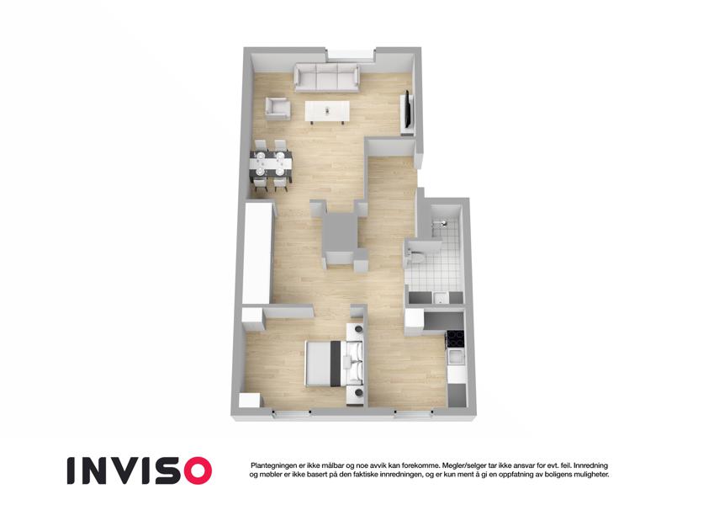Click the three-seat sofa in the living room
(326, 77)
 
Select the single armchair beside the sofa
(278, 109)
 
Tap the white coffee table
(327, 112)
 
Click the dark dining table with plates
(271, 164)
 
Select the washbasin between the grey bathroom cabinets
(440, 298)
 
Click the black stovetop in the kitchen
(456, 338)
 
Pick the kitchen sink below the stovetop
(457, 357)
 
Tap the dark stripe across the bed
(336, 364)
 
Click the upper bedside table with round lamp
(356, 331)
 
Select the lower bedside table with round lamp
(357, 395)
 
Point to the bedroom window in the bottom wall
(292, 412)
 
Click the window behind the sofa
(351, 54)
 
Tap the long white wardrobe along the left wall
(257, 253)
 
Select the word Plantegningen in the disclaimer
(273, 465)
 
